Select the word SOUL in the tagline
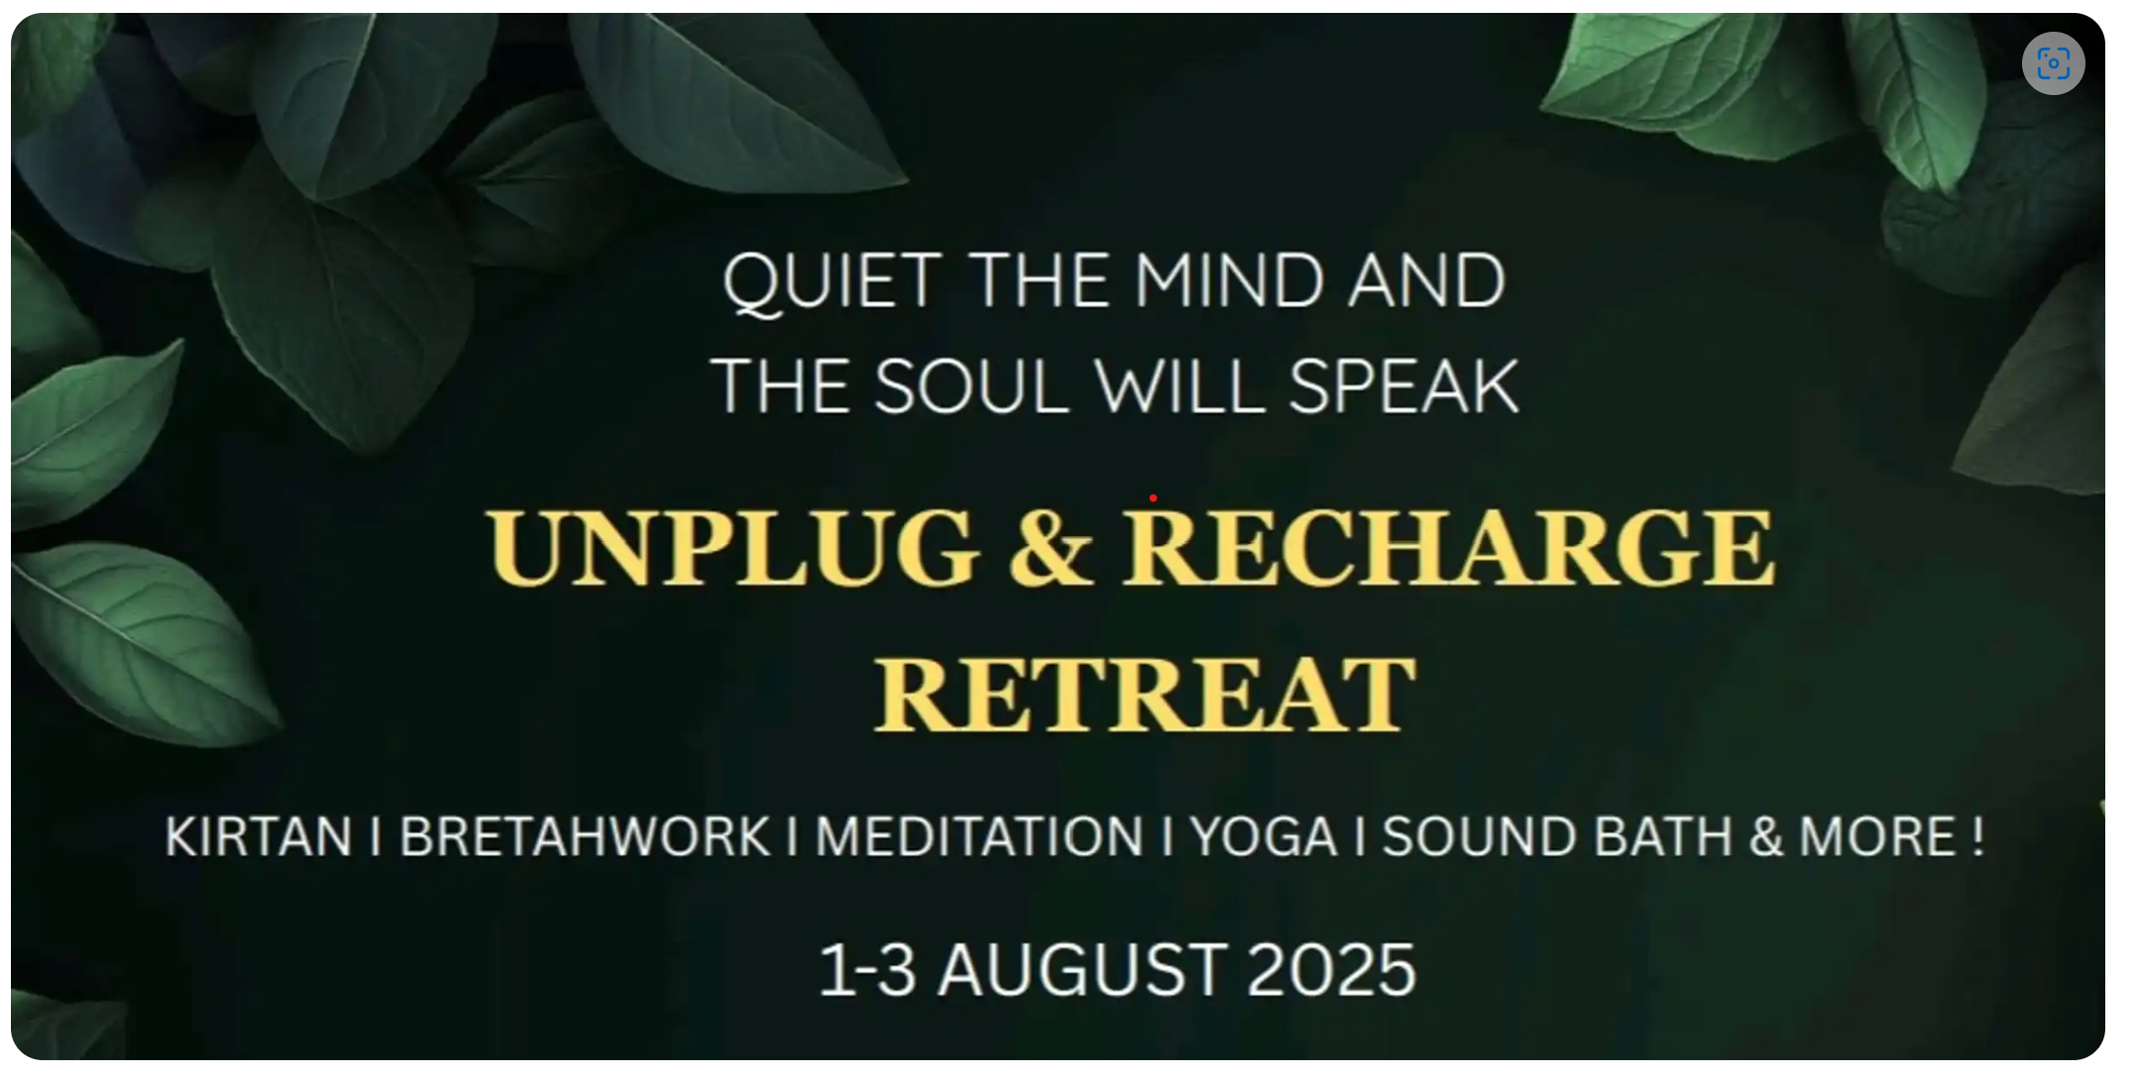click(971, 386)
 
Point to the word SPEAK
click(1404, 386)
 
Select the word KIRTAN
click(259, 836)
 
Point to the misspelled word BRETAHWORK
click(585, 836)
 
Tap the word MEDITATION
click(979, 836)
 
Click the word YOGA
click(1265, 836)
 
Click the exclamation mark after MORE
click(1978, 836)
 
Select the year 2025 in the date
click(1331, 970)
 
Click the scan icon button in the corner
click(2053, 63)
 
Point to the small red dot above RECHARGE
click(1153, 497)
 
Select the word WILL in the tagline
click(1180, 386)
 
